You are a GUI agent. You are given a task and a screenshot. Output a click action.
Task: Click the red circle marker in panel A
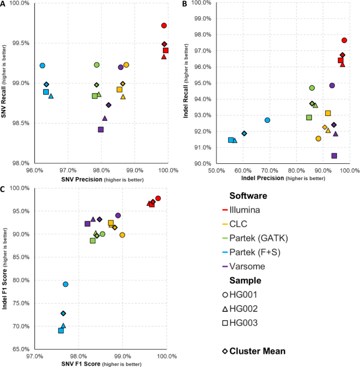click(x=164, y=26)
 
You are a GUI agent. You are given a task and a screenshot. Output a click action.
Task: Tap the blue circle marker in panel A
click(x=43, y=66)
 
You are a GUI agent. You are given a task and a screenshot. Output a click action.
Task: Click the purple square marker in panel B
click(x=334, y=156)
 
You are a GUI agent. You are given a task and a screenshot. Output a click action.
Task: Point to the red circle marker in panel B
click(x=344, y=40)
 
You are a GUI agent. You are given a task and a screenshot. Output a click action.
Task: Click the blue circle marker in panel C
click(x=66, y=284)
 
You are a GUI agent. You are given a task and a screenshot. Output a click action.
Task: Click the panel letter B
click(x=184, y=4)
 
